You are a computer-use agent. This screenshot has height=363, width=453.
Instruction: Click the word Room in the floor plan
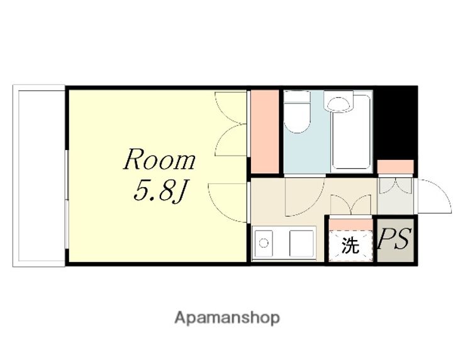tap(159, 159)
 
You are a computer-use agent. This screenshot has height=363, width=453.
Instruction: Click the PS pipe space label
tap(395, 239)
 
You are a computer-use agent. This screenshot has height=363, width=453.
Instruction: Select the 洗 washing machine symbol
tap(350, 245)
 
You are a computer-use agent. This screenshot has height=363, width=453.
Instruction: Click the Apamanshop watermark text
tap(227, 318)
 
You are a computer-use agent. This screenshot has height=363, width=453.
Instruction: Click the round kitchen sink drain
tap(263, 243)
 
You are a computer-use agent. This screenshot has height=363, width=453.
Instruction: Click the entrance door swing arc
tap(435, 196)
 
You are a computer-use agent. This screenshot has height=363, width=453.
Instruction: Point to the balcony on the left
tap(39, 176)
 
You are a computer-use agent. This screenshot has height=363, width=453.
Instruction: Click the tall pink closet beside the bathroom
tap(265, 132)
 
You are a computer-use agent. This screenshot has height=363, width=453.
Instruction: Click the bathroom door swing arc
tap(305, 197)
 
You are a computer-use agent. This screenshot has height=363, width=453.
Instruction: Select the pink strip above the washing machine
tap(350, 224)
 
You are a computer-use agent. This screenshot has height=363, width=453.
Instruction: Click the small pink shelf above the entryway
tap(395, 166)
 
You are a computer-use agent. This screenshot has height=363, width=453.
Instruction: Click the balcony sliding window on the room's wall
tap(67, 199)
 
